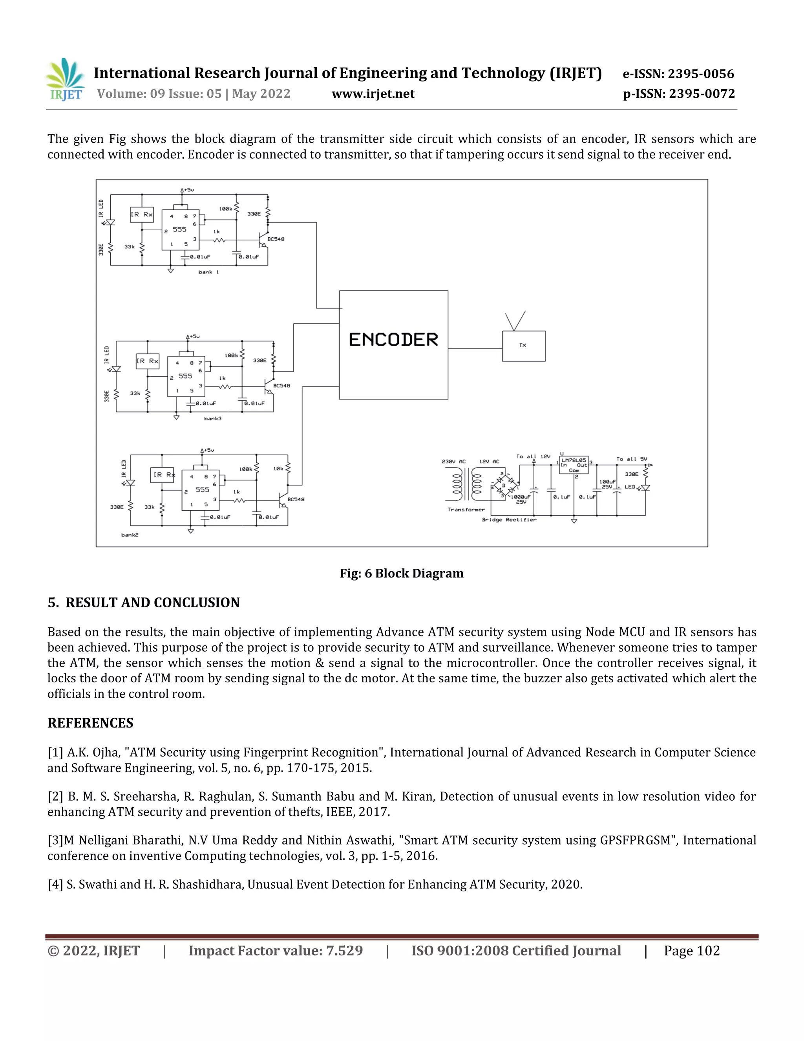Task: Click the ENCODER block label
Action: click(x=393, y=340)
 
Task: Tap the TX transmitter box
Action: click(x=523, y=346)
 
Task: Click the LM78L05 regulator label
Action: click(x=574, y=460)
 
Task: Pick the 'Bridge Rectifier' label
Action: click(x=509, y=520)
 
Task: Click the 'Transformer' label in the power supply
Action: click(x=466, y=510)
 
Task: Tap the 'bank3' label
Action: click(x=212, y=418)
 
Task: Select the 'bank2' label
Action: click(x=130, y=535)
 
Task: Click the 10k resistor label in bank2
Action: click(x=278, y=469)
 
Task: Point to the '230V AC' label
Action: click(x=453, y=462)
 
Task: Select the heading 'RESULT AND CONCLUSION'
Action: click(x=152, y=603)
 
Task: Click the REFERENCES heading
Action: click(x=91, y=723)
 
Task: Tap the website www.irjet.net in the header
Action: click(x=373, y=94)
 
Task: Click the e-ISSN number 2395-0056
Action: click(x=701, y=74)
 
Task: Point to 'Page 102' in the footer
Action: click(x=692, y=951)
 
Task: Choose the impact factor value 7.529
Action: click(x=344, y=951)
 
